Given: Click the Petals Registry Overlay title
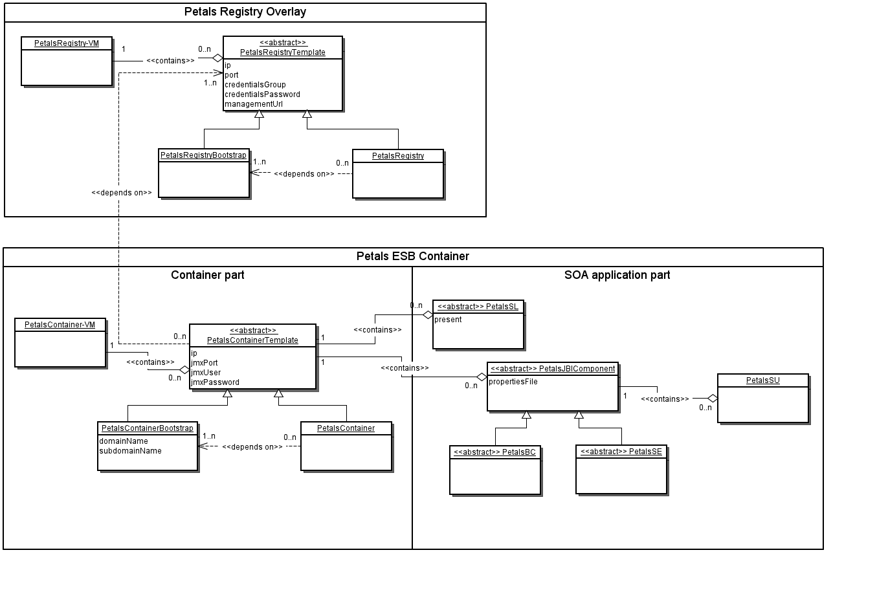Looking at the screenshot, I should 245,12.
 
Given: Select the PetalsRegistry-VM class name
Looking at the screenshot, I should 67,43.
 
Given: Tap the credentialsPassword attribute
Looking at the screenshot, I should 262,94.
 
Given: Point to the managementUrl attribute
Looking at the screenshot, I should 254,104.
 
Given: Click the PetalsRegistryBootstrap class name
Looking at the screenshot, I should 203,155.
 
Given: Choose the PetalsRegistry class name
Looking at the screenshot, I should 398,156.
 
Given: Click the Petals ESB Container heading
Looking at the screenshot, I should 412,256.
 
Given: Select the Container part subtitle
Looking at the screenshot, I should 207,275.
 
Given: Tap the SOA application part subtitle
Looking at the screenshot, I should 617,275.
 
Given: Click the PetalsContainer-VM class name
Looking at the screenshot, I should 60,325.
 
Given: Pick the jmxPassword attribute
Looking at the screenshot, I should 215,382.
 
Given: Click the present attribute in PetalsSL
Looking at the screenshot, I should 448,320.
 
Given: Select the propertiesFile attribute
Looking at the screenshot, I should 513,382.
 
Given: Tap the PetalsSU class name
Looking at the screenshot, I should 762,380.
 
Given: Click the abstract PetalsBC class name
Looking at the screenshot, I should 494,452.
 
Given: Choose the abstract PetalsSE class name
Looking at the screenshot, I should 621,452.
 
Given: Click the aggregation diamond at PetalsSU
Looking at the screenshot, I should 712,398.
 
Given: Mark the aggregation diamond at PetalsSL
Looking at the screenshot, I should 427,315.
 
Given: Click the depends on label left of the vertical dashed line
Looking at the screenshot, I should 122,193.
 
